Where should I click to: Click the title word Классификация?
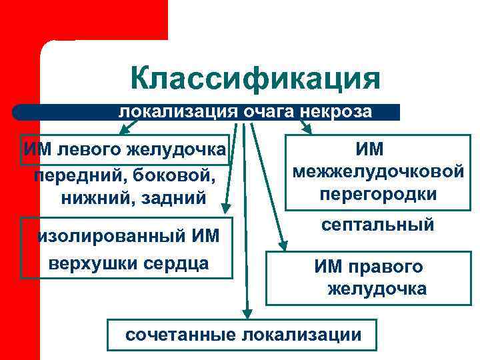pyautogui.click(x=255, y=79)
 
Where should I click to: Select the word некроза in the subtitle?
pyautogui.click(x=337, y=112)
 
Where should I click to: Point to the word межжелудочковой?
pyautogui.click(x=378, y=171)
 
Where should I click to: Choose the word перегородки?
pyautogui.click(x=378, y=194)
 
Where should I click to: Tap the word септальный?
pyautogui.click(x=378, y=225)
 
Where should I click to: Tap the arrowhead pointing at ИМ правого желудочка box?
pyautogui.click(x=283, y=244)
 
